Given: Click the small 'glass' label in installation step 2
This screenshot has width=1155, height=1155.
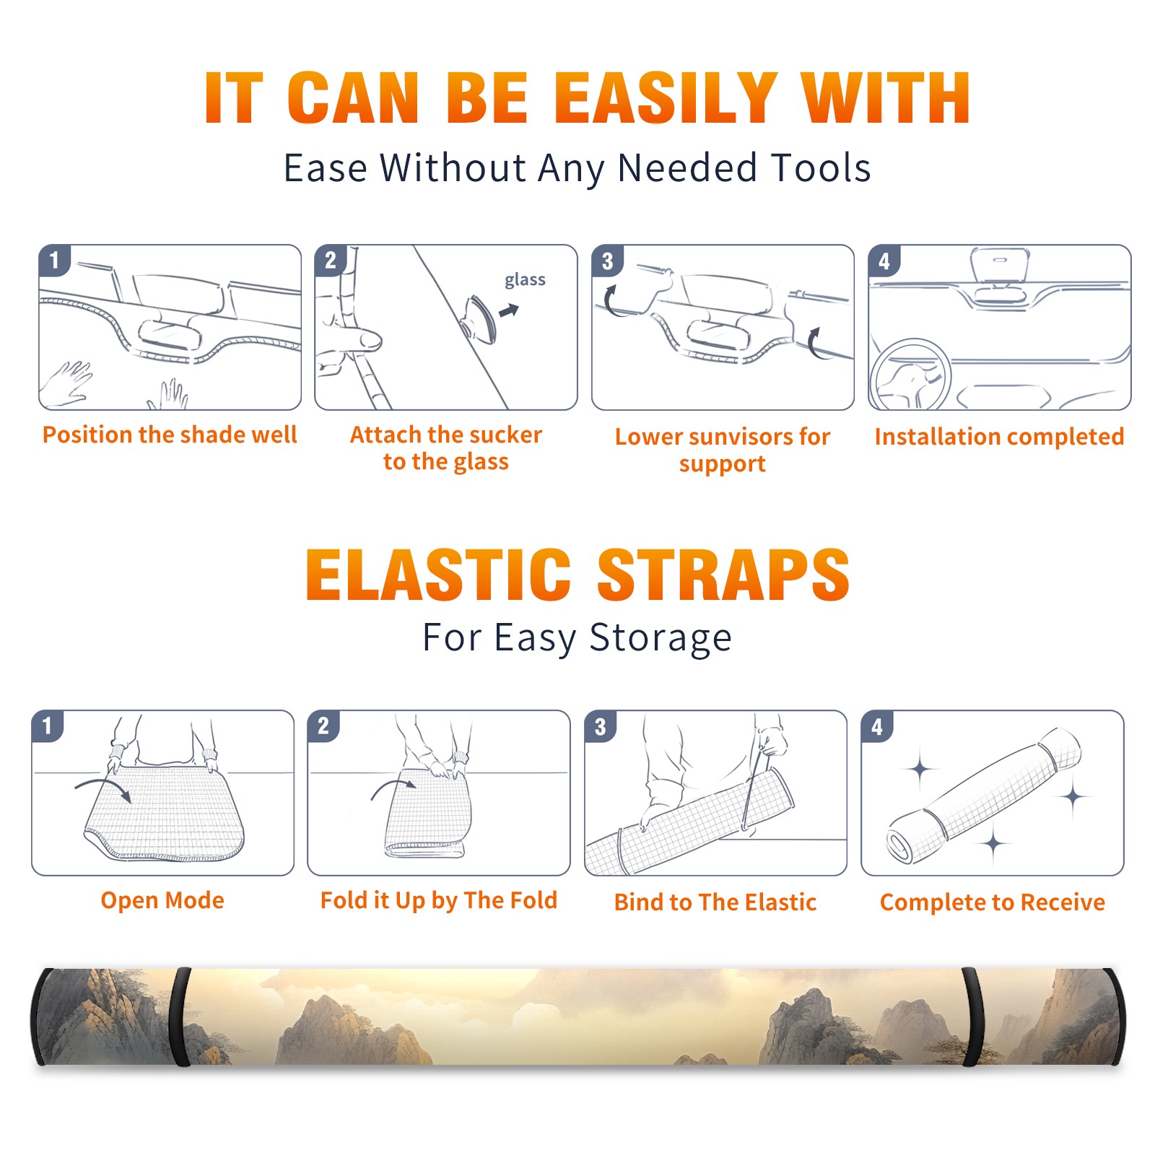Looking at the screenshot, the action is [x=525, y=280].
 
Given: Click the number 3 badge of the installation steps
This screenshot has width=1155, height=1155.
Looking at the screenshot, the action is [x=607, y=261].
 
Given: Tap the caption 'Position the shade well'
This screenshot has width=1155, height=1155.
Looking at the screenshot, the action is [x=170, y=435].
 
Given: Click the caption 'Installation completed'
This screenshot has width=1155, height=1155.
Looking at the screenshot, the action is [x=999, y=437].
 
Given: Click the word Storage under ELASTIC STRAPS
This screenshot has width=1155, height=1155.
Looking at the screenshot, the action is [x=661, y=638].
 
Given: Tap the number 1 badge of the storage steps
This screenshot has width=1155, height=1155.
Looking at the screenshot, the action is [x=48, y=725].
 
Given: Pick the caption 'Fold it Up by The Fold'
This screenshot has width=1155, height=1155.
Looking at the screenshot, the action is [x=439, y=900].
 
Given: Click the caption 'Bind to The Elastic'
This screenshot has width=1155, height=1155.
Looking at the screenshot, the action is [x=715, y=902].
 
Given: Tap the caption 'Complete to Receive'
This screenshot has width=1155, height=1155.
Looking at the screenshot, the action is [x=993, y=902].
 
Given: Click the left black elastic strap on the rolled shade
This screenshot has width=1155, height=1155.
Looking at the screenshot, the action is [x=181, y=1017].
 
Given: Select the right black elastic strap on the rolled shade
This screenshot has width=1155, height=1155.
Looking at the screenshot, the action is [x=973, y=1017].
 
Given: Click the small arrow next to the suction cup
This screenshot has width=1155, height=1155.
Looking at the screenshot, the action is [x=509, y=310].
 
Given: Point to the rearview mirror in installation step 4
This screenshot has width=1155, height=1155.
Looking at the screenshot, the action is [x=1000, y=265].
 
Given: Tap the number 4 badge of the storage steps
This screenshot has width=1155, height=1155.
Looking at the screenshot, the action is [x=877, y=725].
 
